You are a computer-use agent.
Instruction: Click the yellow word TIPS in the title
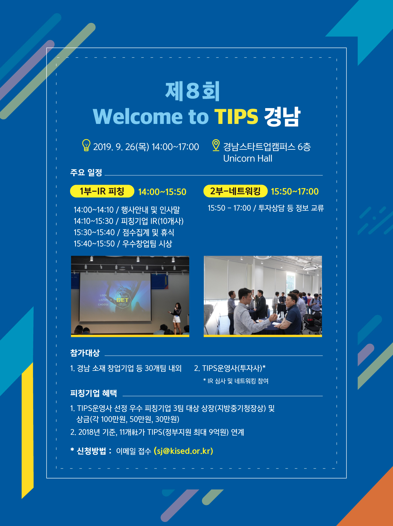pos(236,116)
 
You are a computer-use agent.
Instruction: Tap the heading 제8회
pos(192,91)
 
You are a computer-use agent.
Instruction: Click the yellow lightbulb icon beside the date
pos(86,145)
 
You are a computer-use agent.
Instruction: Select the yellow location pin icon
pos(216,145)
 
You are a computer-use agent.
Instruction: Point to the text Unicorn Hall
pos(247,159)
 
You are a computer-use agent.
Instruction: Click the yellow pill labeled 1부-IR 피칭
pos(102,191)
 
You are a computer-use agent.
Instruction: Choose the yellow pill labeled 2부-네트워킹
pos(235,191)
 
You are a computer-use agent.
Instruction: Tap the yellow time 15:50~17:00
pos(295,191)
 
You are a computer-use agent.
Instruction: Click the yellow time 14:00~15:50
pos(162,192)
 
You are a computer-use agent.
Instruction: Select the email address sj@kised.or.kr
pos(183,451)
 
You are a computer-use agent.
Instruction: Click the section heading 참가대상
pos(85,353)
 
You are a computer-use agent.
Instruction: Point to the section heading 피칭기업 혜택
pos(94,393)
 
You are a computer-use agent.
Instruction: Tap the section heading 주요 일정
pos(86,172)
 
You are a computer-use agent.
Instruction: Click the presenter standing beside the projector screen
pos(176,319)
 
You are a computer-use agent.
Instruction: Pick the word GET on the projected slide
pos(122,300)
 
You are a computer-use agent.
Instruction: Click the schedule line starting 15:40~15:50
pos(123,244)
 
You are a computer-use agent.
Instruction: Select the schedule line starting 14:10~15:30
pos(129,221)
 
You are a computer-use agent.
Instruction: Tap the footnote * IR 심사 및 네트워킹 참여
pos(236,381)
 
